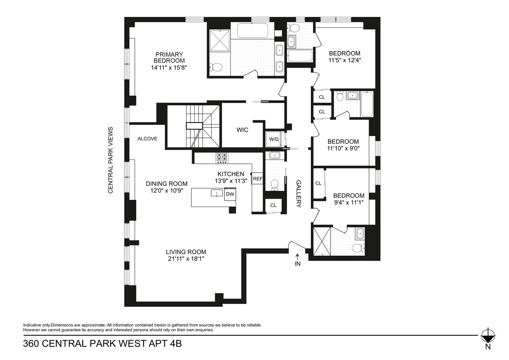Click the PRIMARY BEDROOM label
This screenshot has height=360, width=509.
[x=169, y=58]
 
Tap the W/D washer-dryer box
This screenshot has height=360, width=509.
[x=274, y=139]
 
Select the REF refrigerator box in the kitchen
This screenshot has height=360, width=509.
[x=258, y=179]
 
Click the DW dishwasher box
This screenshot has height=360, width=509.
[x=230, y=194]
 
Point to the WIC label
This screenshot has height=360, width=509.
[x=242, y=130]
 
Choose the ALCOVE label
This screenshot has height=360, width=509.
[x=147, y=139]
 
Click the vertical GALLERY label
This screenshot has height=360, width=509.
[x=298, y=194]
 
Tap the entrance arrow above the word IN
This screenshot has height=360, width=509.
[x=297, y=256]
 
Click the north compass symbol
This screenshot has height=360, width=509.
[x=487, y=337]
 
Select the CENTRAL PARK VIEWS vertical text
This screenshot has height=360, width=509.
[x=110, y=160]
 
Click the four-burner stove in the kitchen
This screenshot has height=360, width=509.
[x=222, y=158]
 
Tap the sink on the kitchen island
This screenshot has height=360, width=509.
[x=217, y=193]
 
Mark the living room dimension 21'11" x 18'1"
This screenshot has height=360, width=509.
[x=186, y=258]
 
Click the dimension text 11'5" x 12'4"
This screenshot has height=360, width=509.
[x=345, y=60]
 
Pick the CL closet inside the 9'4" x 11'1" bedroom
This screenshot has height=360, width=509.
[x=318, y=183]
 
